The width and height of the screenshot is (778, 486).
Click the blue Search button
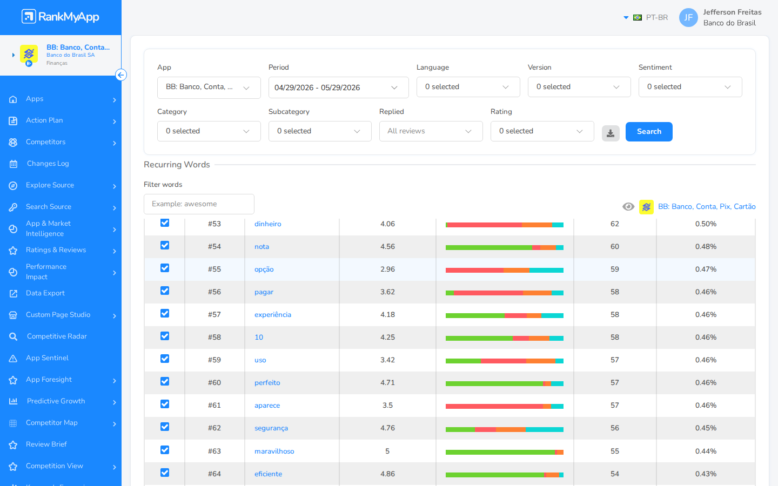coord(649,132)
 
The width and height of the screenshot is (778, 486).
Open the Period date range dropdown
coord(338,87)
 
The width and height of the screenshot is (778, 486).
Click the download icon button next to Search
coord(611,133)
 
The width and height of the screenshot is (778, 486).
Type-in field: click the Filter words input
coord(199,204)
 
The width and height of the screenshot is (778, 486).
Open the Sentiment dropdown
coord(690,87)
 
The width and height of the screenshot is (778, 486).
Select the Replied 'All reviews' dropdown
coord(431,131)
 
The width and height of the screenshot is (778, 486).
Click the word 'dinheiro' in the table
coord(268,224)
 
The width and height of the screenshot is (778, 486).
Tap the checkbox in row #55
coord(165,268)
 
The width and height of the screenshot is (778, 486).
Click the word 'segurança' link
coord(271,428)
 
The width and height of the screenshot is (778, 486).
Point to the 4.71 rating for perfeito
coord(387,382)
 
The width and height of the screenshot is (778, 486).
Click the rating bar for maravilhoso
coord(504,452)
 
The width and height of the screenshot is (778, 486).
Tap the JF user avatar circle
coord(688,18)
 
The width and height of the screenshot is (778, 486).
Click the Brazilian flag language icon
coord(638,18)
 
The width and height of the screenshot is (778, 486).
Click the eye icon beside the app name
coord(628,207)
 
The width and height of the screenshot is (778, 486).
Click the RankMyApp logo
coord(61,17)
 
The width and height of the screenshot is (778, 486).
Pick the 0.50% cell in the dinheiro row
coord(706,224)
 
